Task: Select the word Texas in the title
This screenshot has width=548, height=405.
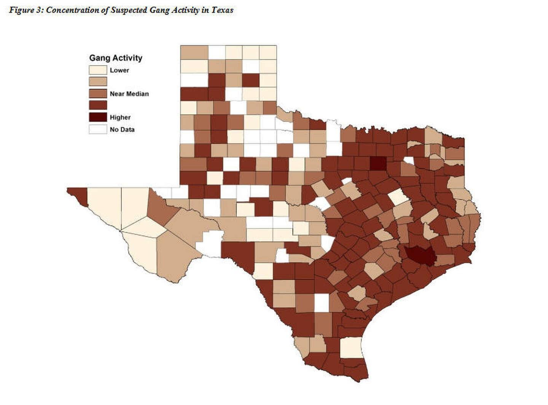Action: (x=222, y=10)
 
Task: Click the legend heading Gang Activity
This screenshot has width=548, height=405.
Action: (x=116, y=58)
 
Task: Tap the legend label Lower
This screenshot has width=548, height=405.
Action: (x=119, y=70)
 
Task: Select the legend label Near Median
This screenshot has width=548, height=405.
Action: (x=129, y=94)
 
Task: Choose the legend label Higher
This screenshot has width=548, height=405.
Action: (x=120, y=118)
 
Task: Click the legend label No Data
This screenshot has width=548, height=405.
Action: (x=122, y=130)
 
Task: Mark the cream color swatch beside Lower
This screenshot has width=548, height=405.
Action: (x=98, y=70)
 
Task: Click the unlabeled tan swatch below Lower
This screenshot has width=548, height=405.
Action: (x=98, y=81)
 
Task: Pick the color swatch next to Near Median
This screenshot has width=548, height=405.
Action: (x=98, y=94)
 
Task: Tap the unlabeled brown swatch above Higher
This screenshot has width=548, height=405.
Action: (x=98, y=105)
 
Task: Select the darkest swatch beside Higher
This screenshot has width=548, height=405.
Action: (x=98, y=117)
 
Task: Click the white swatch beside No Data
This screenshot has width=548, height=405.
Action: (x=98, y=129)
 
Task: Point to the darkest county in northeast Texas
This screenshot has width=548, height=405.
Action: (x=378, y=163)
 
